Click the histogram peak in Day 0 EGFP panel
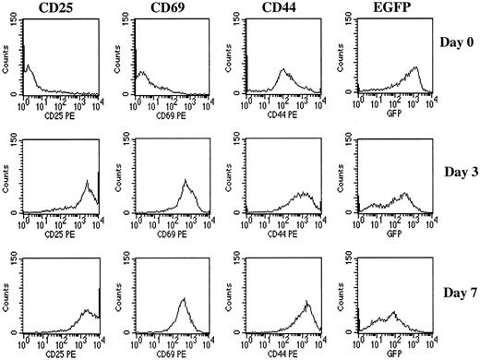(x=416, y=67)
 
